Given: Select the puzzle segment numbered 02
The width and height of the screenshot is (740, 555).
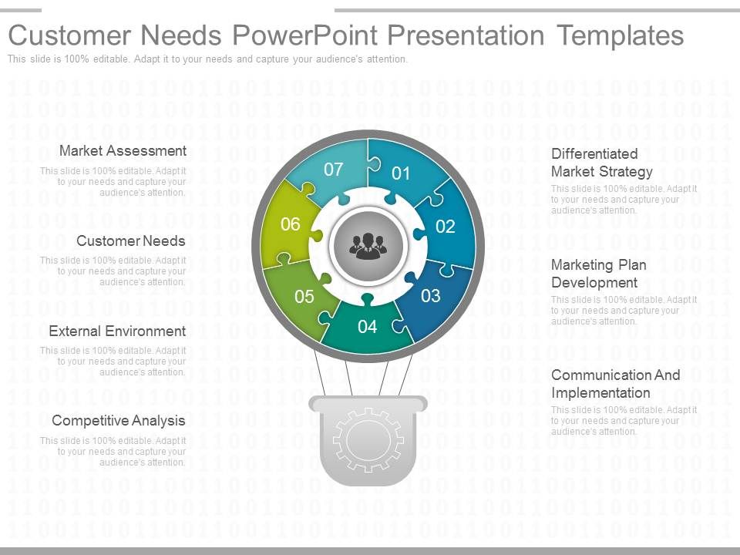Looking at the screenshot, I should click(x=445, y=227).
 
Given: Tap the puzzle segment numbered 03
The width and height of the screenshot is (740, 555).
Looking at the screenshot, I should click(x=430, y=295).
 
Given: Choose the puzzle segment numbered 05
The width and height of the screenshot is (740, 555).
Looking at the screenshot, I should click(x=304, y=296).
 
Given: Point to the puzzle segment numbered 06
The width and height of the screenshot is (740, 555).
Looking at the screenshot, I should click(x=290, y=225).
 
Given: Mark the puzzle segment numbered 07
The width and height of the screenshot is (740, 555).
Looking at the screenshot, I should click(x=333, y=170).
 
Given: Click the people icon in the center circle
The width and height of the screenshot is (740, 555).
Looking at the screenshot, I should click(x=368, y=245).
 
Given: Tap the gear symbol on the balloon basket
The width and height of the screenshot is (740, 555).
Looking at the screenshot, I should click(x=368, y=440).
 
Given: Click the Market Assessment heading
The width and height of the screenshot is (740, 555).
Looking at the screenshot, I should click(x=123, y=150).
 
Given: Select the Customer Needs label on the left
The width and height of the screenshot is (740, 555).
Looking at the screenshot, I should click(x=131, y=240).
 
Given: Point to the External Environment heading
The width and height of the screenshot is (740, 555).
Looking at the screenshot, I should click(x=117, y=331).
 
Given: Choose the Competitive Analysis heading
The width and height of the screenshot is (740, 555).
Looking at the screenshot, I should click(x=119, y=420).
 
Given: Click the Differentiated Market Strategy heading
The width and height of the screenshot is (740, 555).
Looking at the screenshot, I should click(x=601, y=163).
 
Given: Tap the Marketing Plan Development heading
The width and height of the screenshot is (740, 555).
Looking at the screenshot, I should click(x=598, y=274).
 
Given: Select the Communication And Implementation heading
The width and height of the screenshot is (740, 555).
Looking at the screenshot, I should click(x=615, y=384).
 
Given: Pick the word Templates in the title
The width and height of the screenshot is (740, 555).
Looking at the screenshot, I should click(x=621, y=35).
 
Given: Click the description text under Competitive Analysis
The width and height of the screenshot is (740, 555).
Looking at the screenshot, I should click(x=113, y=452).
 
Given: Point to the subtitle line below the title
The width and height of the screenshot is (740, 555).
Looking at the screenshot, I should click(x=207, y=59).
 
